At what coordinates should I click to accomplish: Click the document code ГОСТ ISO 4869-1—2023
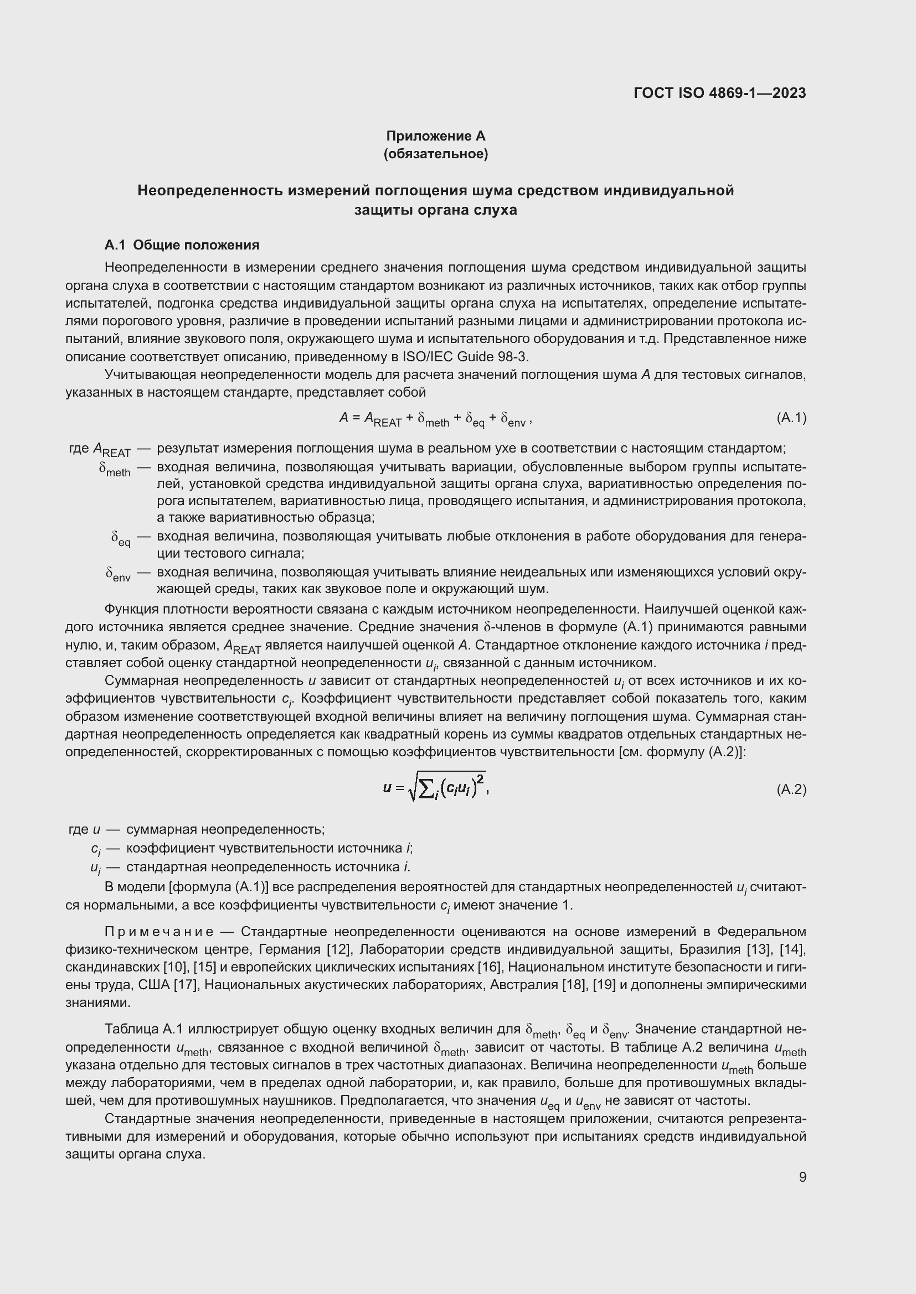719,93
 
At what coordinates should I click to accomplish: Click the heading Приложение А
435,136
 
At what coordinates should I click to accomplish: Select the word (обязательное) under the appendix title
435,154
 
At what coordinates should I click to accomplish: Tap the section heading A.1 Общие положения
182,245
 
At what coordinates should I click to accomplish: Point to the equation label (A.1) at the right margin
791,418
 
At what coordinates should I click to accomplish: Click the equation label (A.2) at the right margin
791,789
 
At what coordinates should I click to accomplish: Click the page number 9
802,1177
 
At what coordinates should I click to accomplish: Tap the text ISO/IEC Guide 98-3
465,357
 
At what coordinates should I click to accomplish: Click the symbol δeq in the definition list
121,538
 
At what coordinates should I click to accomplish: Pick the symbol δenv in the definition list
118,574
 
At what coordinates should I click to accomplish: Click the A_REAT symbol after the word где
112,450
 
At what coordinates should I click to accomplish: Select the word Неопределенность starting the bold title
210,191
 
